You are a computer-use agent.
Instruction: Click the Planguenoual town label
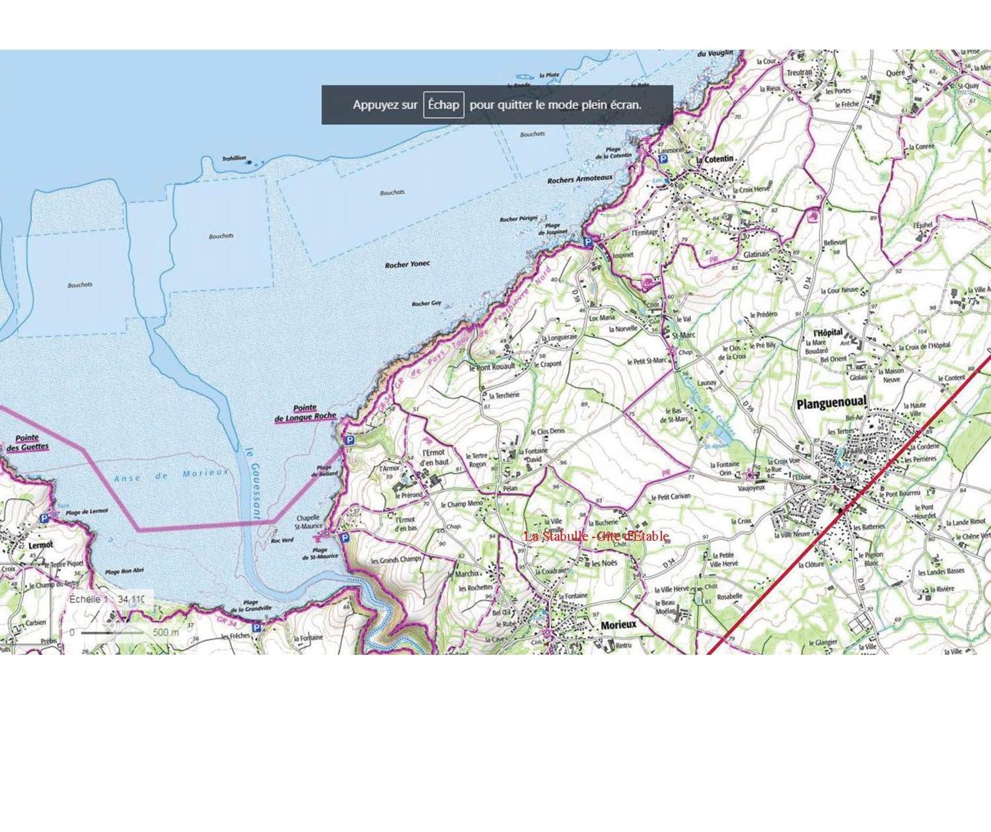coord(831,403)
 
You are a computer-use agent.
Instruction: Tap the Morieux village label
coord(618,625)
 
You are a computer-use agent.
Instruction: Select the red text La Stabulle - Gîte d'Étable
coord(596,536)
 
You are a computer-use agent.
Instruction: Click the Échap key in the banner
coord(443,105)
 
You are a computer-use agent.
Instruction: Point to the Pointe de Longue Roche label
coord(305,413)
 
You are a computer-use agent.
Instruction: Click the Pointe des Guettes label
coord(27,442)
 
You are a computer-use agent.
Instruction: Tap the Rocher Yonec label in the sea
coord(407,265)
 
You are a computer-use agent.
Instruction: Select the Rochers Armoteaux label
coord(579,179)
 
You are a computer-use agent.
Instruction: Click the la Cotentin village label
coord(715,159)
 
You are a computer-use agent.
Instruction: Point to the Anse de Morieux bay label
coord(171,475)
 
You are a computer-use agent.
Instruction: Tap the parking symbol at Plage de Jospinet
coord(587,242)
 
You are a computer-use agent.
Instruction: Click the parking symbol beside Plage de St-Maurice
coord(344,538)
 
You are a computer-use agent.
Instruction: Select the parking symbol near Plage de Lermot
coord(44,518)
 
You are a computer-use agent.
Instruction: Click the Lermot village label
coord(41,545)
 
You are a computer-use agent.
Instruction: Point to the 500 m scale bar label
coord(165,633)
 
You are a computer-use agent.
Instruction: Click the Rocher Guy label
coord(426,304)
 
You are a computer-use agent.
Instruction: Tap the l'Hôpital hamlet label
coord(827,332)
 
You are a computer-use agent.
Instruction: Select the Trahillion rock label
coord(234,158)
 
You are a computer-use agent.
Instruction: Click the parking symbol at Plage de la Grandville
coord(256,627)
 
